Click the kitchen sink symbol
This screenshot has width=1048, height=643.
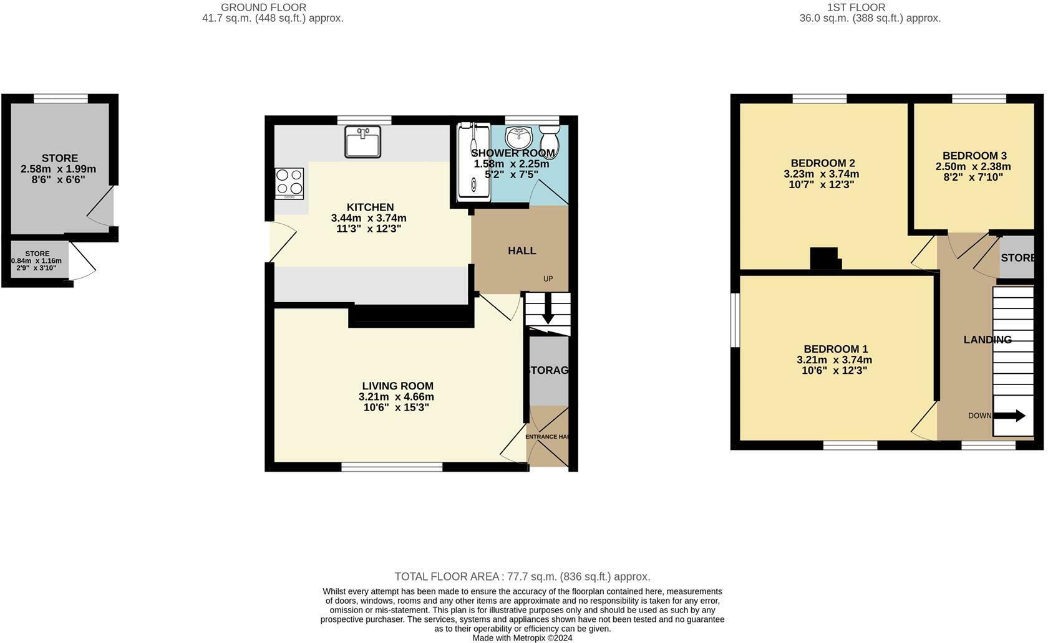[x=362, y=142]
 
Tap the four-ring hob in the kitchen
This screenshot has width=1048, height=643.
[x=289, y=183]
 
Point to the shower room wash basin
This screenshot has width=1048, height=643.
[x=518, y=136]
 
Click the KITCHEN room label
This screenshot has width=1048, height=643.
[x=370, y=207]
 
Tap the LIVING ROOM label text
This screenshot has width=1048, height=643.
[x=397, y=386]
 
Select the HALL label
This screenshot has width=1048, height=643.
[x=522, y=250]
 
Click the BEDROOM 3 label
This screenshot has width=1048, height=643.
[x=974, y=156]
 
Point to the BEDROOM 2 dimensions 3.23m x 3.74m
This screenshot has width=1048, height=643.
[x=821, y=174]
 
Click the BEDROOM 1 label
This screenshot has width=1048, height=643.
[x=835, y=350]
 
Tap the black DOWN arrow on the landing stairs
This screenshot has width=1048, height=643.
[x=1011, y=416]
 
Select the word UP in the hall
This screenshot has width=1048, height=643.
[x=548, y=279]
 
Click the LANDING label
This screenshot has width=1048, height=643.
[x=987, y=340]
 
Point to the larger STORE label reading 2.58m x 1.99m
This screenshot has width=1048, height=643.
[x=59, y=158]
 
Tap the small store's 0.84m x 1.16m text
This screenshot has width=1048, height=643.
[x=37, y=261]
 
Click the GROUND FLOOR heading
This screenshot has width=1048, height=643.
[x=263, y=7]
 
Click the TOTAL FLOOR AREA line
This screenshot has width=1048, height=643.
[x=522, y=577]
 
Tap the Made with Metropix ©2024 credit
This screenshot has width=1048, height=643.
[x=522, y=637]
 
